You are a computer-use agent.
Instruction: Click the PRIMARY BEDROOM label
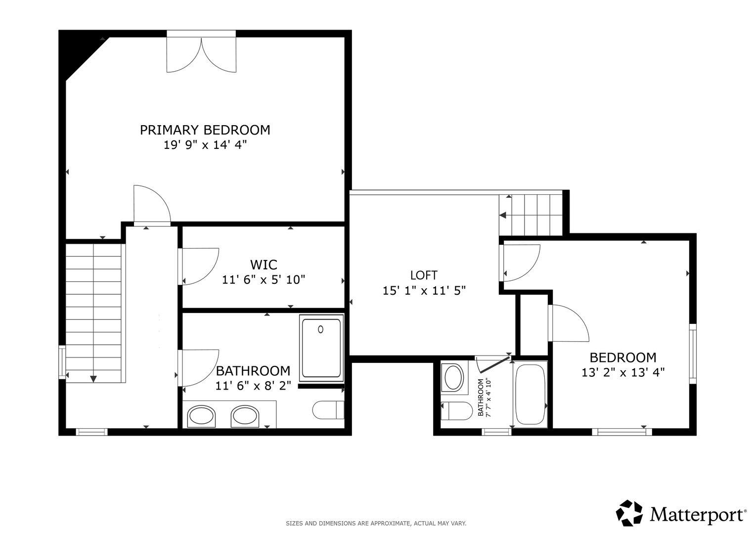tap(205, 130)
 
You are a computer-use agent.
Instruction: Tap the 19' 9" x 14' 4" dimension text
tap(205, 145)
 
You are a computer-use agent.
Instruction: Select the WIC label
tap(264, 265)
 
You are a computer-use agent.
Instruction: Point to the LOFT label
tap(424, 275)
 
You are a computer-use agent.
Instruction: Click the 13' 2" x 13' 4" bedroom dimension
tap(622, 372)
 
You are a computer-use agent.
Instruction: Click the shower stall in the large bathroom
tap(321, 348)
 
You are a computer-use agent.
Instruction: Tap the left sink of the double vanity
tap(201, 416)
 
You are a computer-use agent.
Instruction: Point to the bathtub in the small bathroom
tap(530, 395)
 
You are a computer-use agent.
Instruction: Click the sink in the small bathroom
tap(454, 378)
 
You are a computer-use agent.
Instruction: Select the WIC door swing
tap(200, 266)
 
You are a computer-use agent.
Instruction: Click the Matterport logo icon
tap(629, 513)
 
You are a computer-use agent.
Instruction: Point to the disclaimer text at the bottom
tap(376, 523)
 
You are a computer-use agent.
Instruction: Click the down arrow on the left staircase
tap(93, 379)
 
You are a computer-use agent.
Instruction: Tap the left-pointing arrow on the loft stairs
tap(503, 215)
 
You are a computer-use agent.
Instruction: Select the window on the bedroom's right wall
tap(693, 353)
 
